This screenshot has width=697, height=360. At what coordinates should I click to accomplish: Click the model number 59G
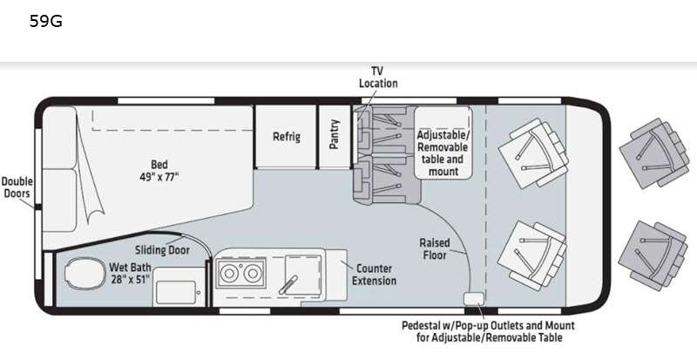tap(45, 21)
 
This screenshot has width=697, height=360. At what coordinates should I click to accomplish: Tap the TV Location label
tap(378, 77)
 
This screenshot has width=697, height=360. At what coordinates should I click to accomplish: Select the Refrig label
tap(286, 137)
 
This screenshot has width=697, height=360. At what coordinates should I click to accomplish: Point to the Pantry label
tap(334, 135)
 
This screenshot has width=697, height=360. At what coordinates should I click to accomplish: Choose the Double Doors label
tap(17, 187)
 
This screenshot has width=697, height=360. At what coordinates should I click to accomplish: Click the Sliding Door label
tap(163, 248)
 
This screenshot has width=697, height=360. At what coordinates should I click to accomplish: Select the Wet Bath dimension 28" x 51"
tap(130, 279)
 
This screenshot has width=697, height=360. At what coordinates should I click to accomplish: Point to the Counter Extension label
tap(375, 275)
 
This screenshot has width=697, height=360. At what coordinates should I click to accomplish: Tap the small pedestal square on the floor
tap(472, 299)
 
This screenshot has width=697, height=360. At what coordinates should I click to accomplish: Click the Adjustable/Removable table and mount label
tap(442, 153)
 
